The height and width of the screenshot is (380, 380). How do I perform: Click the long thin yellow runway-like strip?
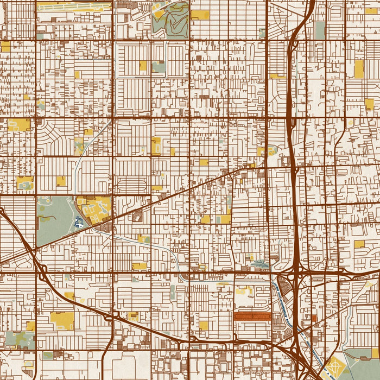pyautogui.click(x=73, y=8)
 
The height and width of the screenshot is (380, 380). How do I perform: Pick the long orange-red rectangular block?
pyautogui.click(x=252, y=316)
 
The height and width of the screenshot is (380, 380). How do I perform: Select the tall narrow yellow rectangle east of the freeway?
pyautogui.click(x=359, y=68)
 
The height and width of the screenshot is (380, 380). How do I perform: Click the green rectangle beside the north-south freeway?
pyautogui.click(x=320, y=30)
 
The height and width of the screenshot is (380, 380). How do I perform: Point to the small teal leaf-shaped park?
pyautogui.click(x=261, y=265)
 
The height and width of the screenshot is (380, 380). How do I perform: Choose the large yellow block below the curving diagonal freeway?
pyautogui.click(x=62, y=320)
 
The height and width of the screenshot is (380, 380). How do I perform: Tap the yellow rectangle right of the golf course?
pyautogui.click(x=200, y=15)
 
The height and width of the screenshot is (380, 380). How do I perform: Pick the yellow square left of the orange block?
pyautogui.click(x=204, y=325)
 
